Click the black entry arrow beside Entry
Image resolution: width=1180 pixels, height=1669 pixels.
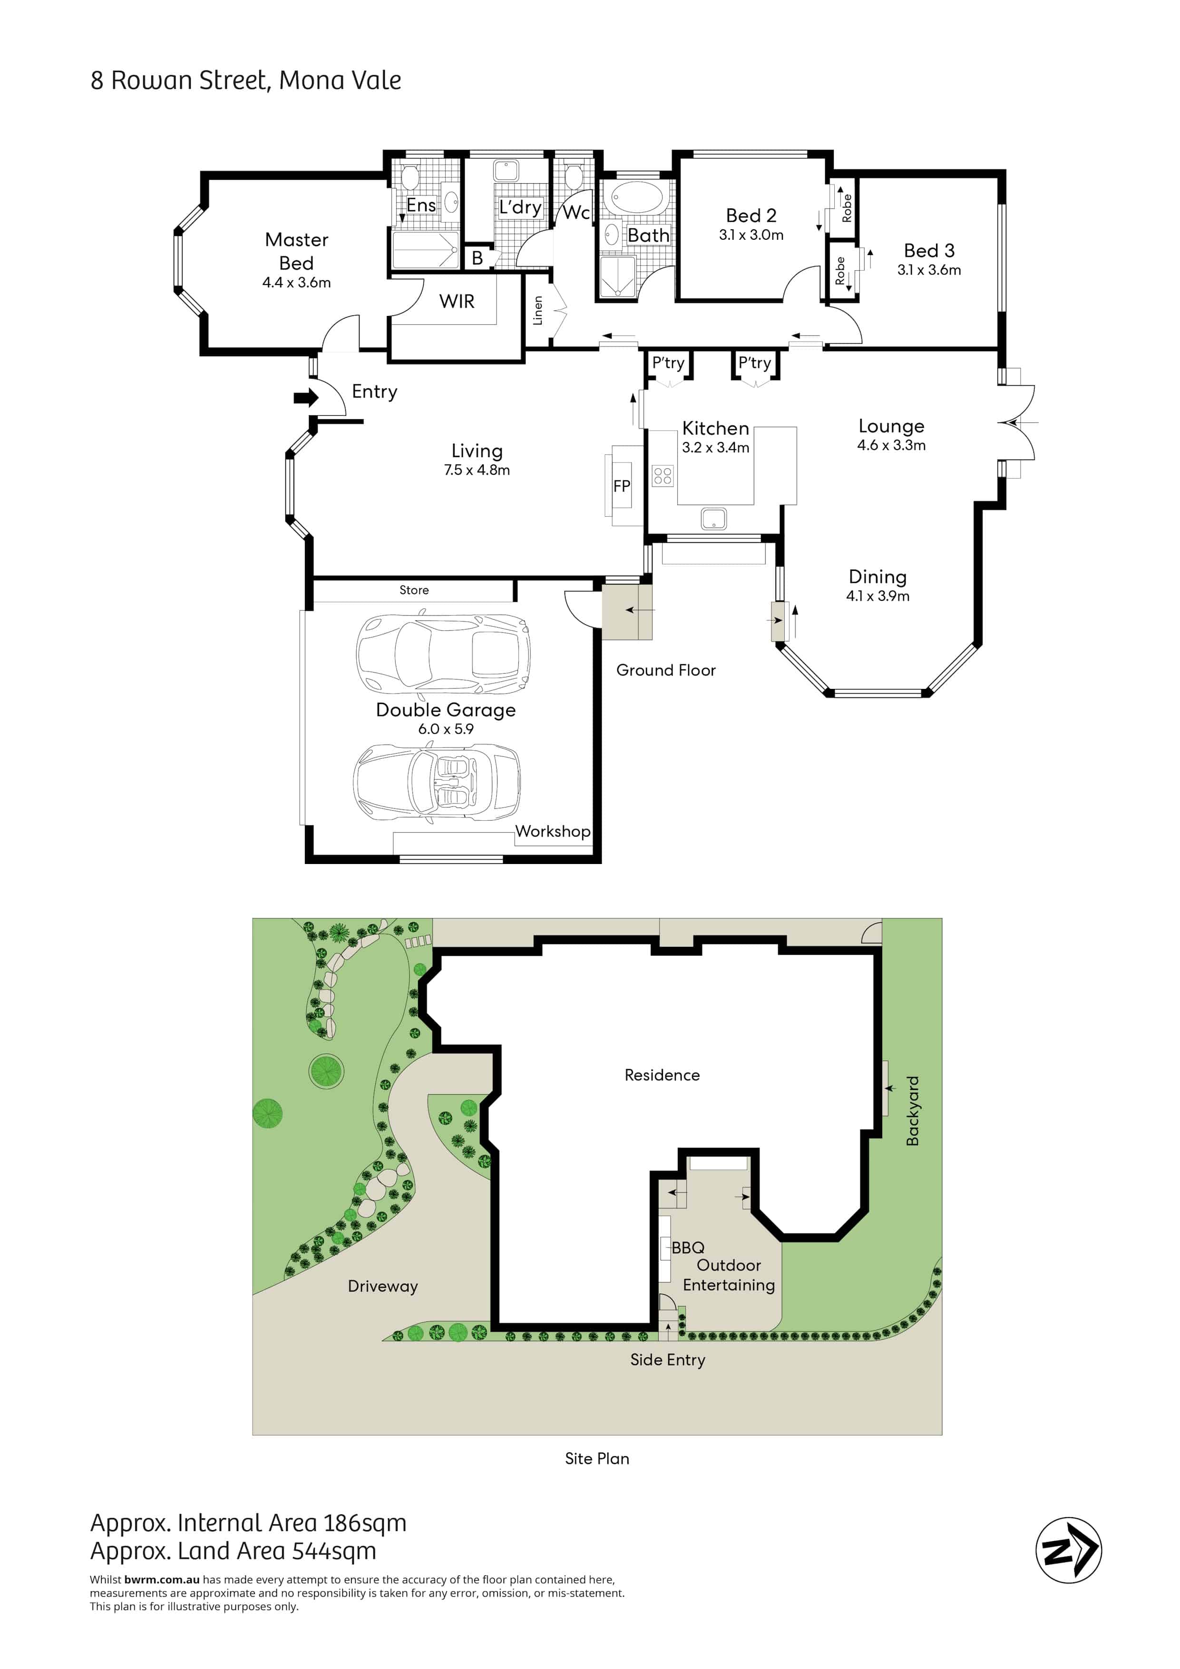tap(306, 398)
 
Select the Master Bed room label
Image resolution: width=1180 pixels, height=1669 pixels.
tap(296, 251)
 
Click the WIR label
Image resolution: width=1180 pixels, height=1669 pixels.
tap(456, 301)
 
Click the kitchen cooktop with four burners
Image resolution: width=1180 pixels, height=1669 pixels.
tap(663, 476)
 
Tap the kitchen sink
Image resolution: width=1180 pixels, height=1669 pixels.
tap(713, 518)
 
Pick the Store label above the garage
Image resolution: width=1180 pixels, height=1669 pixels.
tap(414, 590)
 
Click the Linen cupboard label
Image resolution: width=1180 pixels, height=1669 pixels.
tap(538, 310)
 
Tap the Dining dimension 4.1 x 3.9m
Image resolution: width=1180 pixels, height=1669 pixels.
tap(878, 596)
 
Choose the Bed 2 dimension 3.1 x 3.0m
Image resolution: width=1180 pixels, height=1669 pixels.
tap(751, 235)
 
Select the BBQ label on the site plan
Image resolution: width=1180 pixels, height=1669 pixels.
tap(688, 1247)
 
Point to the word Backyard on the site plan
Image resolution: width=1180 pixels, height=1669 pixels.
tap(913, 1111)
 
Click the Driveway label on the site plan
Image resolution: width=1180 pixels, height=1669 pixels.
tap(383, 1286)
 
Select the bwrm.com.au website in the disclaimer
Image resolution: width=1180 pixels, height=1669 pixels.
tap(162, 1580)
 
